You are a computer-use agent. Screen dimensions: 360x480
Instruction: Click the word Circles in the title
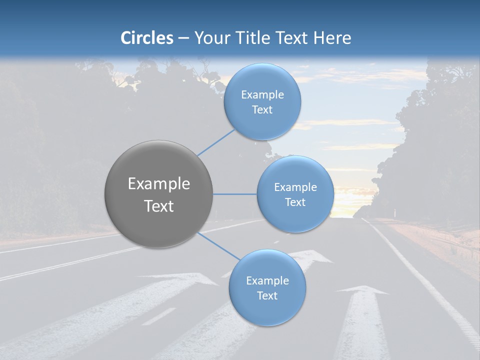(147, 38)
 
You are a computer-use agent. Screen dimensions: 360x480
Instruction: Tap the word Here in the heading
(332, 38)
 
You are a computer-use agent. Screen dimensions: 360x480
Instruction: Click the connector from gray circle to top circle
(216, 142)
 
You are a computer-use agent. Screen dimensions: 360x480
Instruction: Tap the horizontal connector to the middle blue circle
(235, 194)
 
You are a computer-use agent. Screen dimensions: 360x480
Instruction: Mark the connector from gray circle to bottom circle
(218, 245)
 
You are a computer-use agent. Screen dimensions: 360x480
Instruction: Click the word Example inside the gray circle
(159, 184)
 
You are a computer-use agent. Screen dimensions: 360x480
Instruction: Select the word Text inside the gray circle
(159, 206)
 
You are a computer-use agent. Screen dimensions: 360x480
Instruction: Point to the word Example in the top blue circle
(262, 95)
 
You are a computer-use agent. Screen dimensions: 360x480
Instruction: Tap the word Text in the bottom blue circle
(267, 296)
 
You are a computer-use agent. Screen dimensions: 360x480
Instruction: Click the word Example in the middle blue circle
(295, 187)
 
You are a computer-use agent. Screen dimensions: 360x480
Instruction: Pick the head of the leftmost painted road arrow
(185, 278)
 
